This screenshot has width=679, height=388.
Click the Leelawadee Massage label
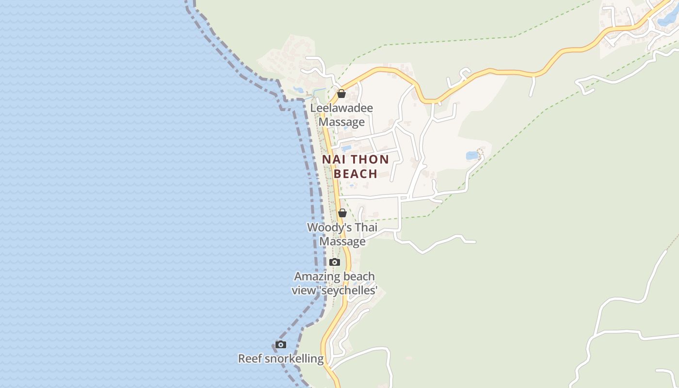[x=341, y=115]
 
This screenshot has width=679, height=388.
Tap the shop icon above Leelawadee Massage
[x=341, y=94]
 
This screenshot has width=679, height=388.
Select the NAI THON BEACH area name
[x=356, y=166]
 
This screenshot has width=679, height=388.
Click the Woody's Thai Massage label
[x=342, y=234]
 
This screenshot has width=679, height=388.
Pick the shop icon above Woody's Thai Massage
[x=342, y=213]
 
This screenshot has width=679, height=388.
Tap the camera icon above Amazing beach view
[x=334, y=262]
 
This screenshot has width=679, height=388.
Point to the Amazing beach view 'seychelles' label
[x=334, y=284]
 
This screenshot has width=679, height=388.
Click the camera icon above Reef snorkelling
[x=280, y=345]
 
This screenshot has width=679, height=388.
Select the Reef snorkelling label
[x=280, y=359]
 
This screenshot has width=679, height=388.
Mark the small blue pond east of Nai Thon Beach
[x=471, y=156]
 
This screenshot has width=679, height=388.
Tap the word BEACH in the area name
[x=356, y=174]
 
